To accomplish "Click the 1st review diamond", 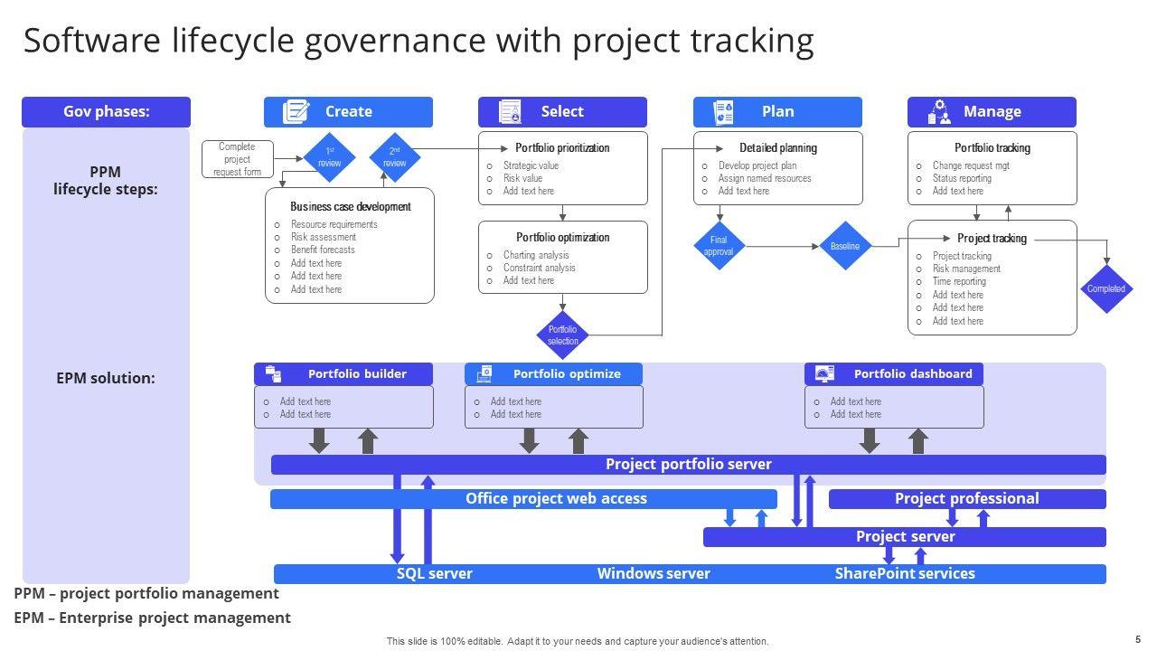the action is tap(329, 157).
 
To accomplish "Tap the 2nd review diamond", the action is tap(395, 157).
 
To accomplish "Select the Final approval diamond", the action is tap(719, 245).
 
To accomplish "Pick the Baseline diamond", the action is tap(844, 246).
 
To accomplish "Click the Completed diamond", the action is tap(1106, 289).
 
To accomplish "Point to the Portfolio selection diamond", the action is tap(562, 335).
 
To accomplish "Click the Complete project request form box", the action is tap(237, 159).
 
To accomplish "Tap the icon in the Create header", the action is tap(296, 112).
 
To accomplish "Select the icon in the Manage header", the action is tap(940, 112).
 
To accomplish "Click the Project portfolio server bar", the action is tap(688, 465).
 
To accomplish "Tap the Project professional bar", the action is tap(966, 499).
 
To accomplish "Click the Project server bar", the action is tap(904, 537).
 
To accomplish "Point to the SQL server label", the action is tap(434, 574).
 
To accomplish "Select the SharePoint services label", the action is tap(904, 574).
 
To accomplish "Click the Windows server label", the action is tap(654, 574).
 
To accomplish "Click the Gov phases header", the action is tap(106, 112).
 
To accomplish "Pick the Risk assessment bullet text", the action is tap(323, 237).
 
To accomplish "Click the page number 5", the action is tap(1137, 638).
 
